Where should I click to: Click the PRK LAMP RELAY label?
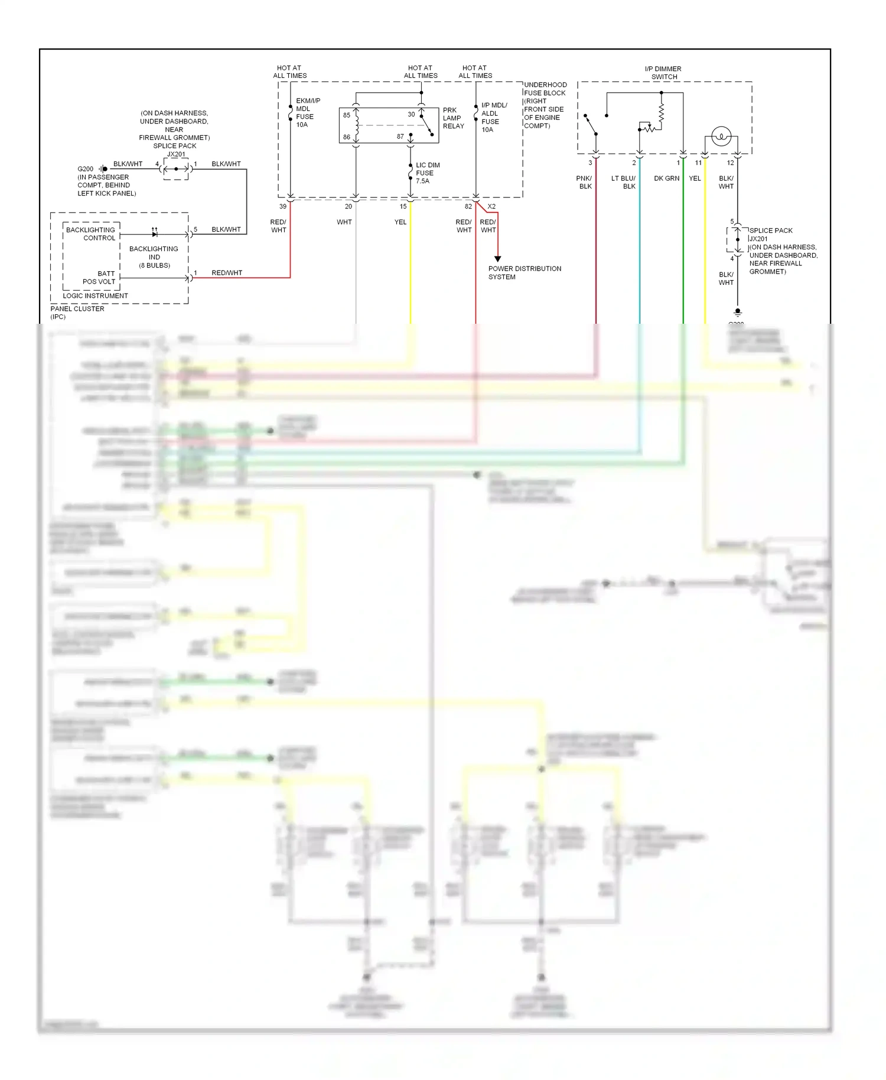pyautogui.click(x=453, y=118)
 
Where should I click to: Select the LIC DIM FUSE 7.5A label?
pyautogui.click(x=427, y=173)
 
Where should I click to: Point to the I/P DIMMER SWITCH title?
pyautogui.click(x=663, y=73)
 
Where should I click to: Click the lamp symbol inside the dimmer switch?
pyautogui.click(x=721, y=136)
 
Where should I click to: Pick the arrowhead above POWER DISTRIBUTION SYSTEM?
pyautogui.click(x=498, y=259)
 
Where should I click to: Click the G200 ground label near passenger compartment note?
pyautogui.click(x=86, y=169)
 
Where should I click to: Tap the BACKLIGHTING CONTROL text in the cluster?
pyautogui.click(x=91, y=234)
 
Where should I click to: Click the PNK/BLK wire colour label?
pyautogui.click(x=585, y=182)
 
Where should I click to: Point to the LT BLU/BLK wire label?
pyautogui.click(x=624, y=182)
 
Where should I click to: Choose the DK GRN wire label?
pyautogui.click(x=666, y=178)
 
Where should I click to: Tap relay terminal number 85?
pyautogui.click(x=347, y=115)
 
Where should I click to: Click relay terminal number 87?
pyautogui.click(x=400, y=136)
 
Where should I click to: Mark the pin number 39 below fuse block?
pyautogui.click(x=283, y=207)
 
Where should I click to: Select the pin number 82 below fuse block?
pyautogui.click(x=468, y=207)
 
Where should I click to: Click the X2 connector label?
pyautogui.click(x=491, y=207)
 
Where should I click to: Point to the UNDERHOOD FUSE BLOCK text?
pyautogui.click(x=545, y=89)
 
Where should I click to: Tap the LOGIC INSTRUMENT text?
pyautogui.click(x=95, y=296)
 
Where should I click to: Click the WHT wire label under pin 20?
pyautogui.click(x=344, y=222)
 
